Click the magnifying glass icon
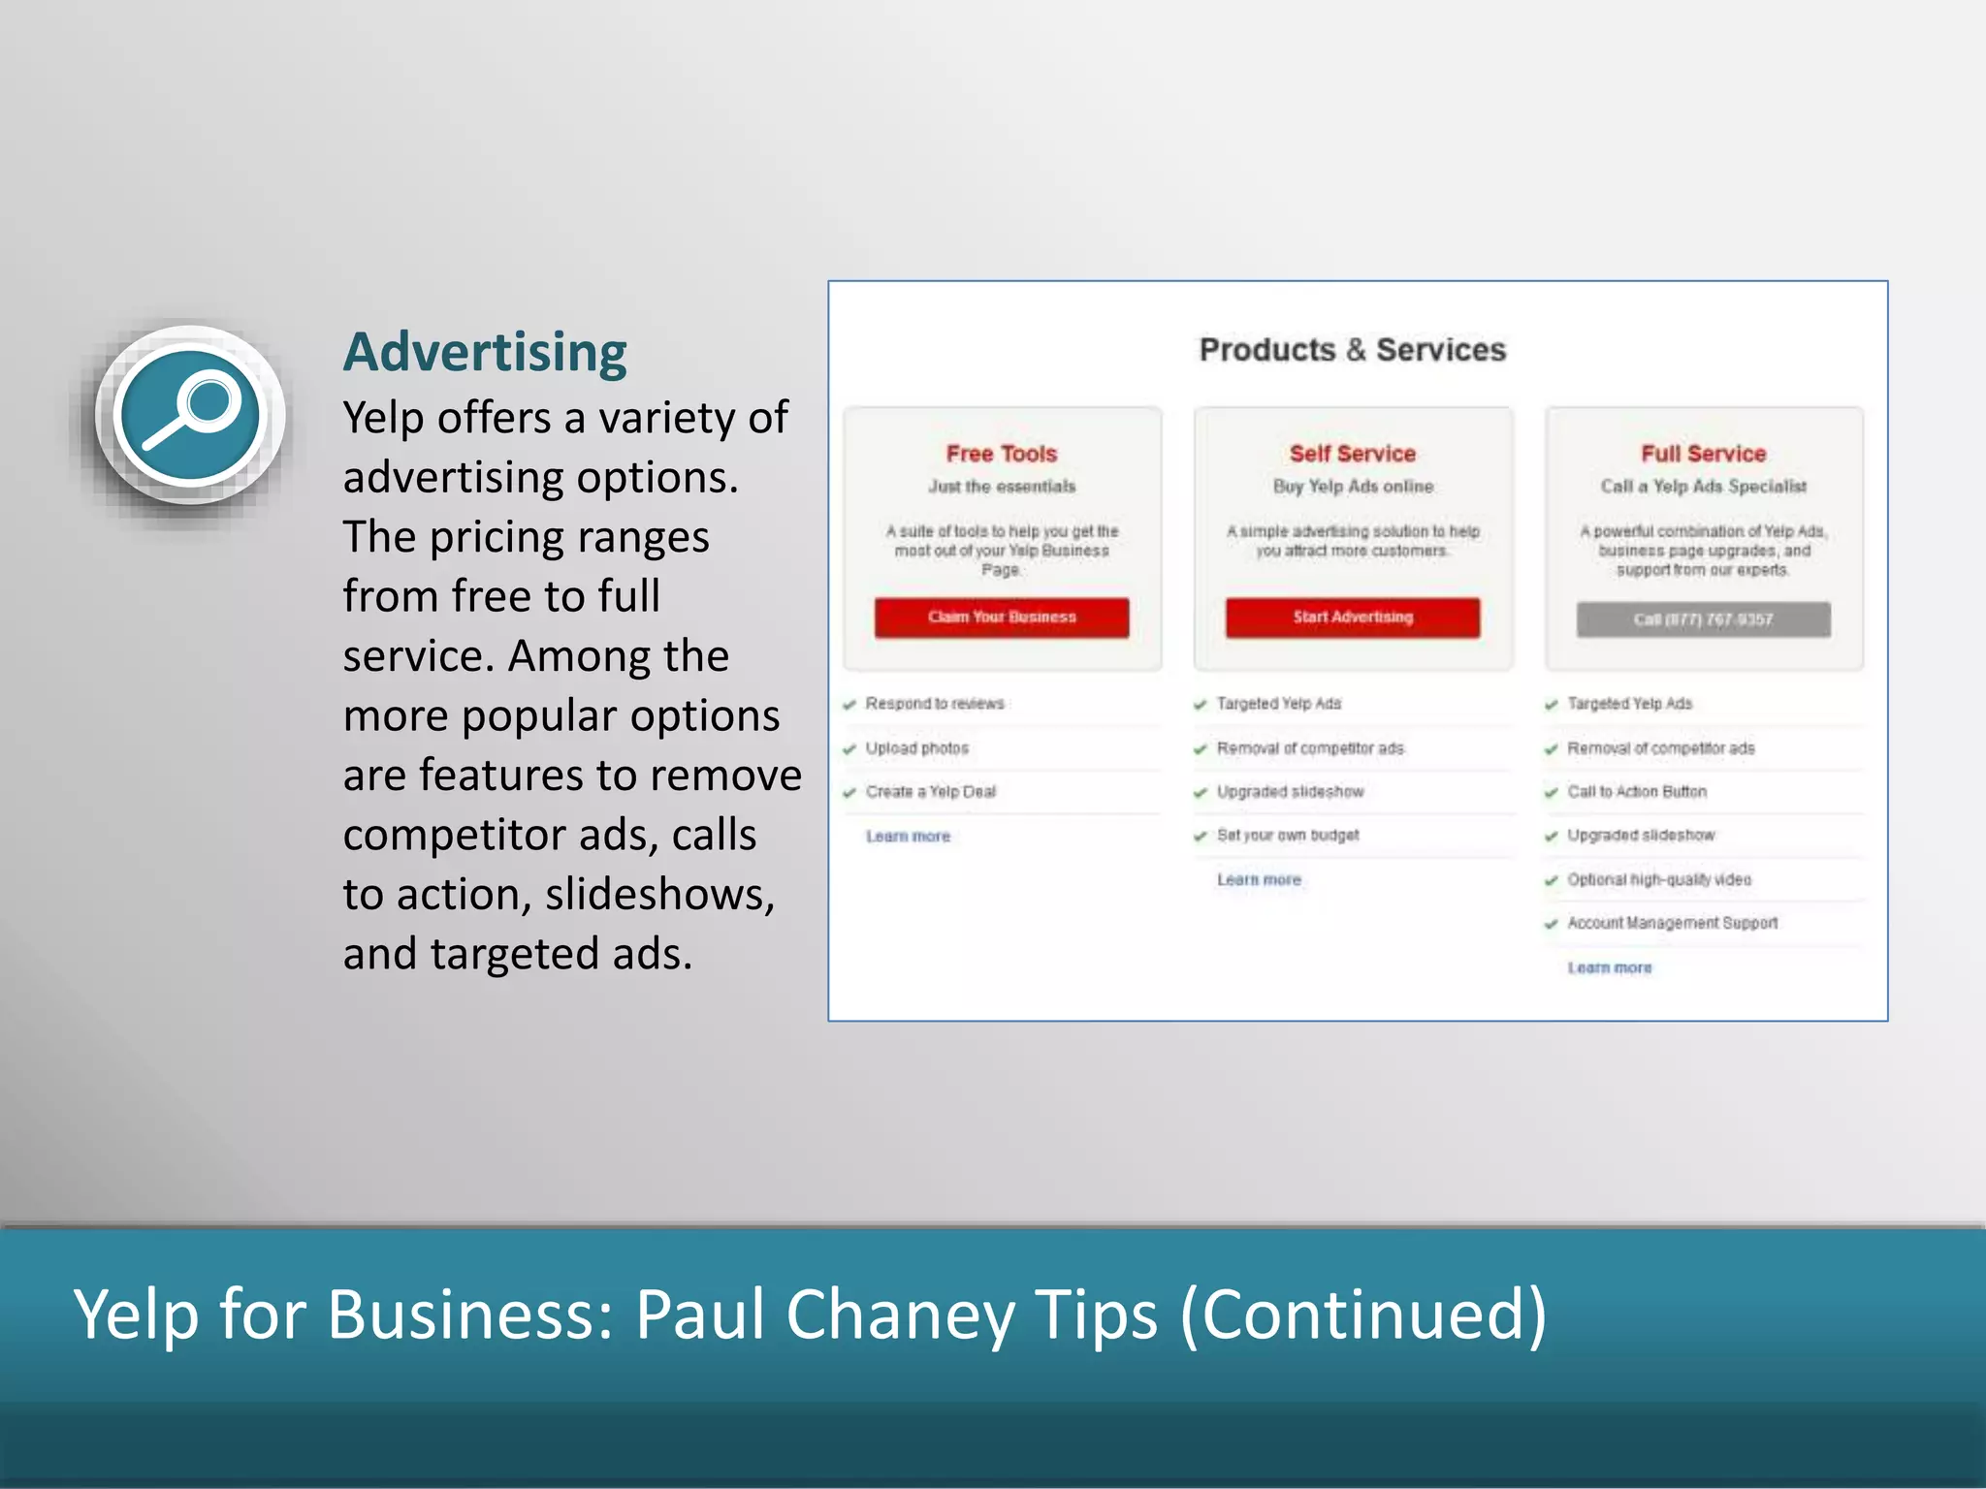point(190,415)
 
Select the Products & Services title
point(1353,350)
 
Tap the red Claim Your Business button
point(1002,618)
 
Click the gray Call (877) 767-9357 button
point(1703,619)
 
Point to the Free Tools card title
point(1002,454)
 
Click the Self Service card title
point(1353,454)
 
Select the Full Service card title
point(1703,454)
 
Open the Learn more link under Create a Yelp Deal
point(908,836)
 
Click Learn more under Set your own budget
point(1259,879)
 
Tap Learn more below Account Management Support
point(1610,967)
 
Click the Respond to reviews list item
point(935,704)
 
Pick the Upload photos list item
point(916,748)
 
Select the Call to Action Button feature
point(1637,792)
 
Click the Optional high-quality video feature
point(1659,879)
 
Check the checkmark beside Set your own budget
point(1201,837)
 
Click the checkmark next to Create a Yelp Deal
point(849,793)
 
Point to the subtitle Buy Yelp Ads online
point(1353,487)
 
